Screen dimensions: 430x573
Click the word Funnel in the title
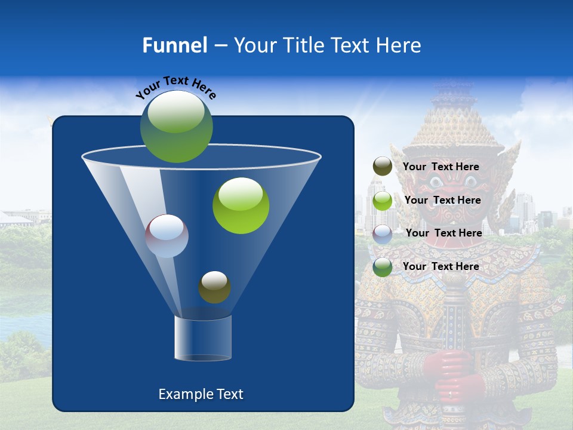(175, 45)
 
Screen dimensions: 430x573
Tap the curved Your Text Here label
(175, 87)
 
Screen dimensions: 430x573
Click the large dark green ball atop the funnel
(177, 127)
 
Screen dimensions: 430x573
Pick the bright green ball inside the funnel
(241, 205)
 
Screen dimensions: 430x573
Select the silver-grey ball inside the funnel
(167, 236)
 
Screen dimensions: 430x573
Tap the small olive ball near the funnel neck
(214, 287)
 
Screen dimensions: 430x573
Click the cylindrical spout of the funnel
(203, 338)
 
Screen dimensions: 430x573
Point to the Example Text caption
(201, 394)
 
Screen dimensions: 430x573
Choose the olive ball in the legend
(383, 167)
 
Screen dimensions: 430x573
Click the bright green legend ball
(383, 201)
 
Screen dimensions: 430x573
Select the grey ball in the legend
(383, 234)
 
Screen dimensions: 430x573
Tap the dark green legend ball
(383, 267)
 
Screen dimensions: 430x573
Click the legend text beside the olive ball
(441, 167)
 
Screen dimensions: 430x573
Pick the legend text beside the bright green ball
(443, 201)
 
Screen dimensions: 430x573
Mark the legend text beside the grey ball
(444, 234)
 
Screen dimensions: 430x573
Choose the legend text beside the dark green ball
(441, 267)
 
